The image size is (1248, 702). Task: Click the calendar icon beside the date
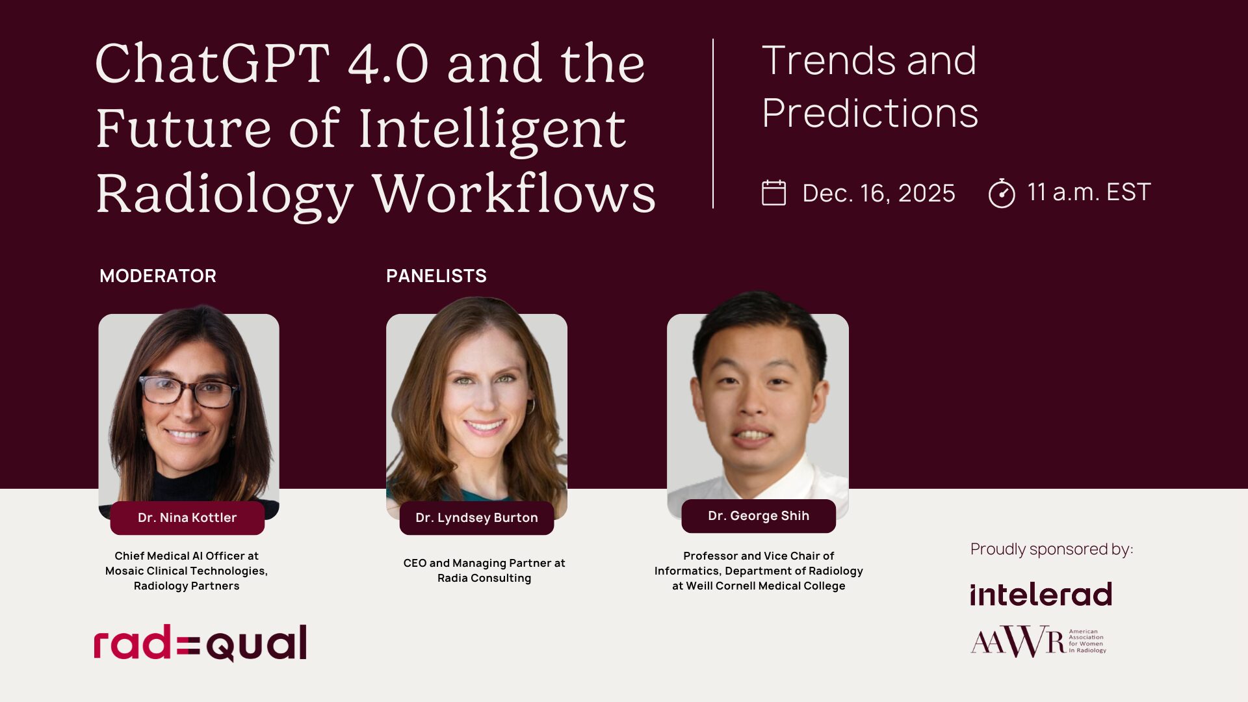(773, 193)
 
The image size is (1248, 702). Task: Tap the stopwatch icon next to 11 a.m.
(1002, 193)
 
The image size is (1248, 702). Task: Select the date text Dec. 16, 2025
(879, 193)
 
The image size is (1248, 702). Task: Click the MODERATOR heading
(158, 276)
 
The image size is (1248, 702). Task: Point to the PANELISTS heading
(436, 276)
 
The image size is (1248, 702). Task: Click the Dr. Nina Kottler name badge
(187, 517)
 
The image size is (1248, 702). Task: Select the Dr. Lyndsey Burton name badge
(476, 517)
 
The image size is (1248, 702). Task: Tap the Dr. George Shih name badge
(759, 515)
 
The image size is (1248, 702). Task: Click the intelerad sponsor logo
(1041, 594)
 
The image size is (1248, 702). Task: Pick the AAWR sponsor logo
(1039, 641)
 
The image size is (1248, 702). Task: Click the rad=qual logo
(200, 643)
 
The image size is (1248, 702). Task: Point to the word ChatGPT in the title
(213, 64)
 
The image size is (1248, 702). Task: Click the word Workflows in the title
(514, 194)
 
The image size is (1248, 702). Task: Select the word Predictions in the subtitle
(870, 113)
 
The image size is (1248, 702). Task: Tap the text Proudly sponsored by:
(1052, 549)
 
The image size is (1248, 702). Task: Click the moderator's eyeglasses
(188, 391)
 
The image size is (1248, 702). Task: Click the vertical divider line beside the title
(713, 123)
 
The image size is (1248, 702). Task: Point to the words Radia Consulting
(484, 578)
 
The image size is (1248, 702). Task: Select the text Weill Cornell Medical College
(766, 586)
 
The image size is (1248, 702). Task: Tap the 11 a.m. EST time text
(1089, 192)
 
